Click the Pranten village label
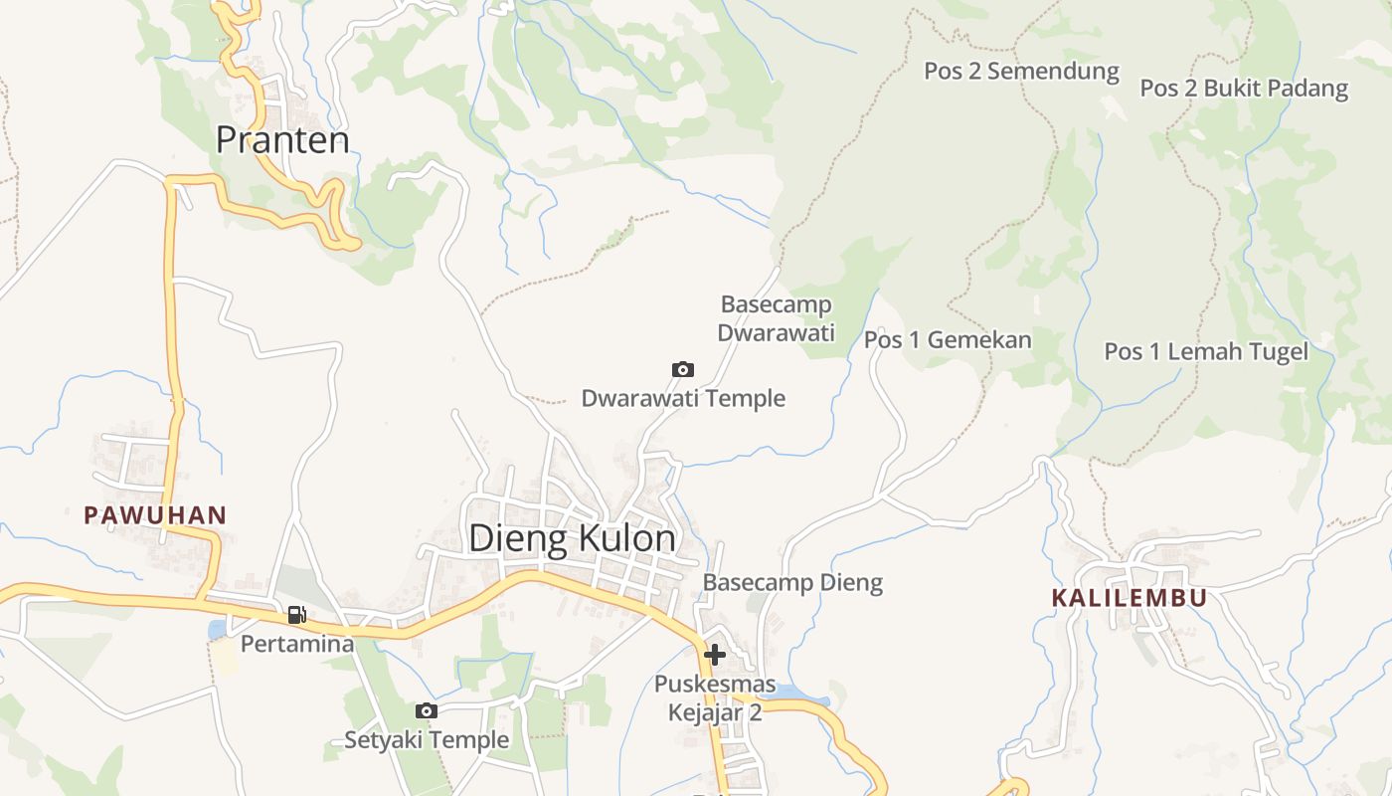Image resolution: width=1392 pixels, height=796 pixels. (282, 139)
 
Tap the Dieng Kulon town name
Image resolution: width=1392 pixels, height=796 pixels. (572, 538)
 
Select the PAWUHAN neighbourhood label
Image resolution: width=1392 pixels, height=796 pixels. (155, 515)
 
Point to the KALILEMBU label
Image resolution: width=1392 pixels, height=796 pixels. (1130, 598)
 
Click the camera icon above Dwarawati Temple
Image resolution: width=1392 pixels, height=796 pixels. (683, 370)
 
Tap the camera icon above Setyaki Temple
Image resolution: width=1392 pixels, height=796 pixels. (427, 710)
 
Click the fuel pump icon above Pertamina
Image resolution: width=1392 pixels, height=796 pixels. (296, 615)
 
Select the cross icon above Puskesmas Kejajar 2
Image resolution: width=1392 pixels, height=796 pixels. (714, 655)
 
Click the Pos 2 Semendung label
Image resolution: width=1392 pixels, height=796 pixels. (1021, 72)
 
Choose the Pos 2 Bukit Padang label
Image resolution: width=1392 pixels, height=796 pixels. (1243, 88)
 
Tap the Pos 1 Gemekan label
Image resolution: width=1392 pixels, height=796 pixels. (948, 340)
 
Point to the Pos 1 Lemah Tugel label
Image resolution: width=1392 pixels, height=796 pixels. (1206, 351)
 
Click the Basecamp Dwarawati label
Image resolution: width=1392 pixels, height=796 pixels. (776, 318)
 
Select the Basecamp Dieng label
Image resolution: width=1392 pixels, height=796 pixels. (792, 582)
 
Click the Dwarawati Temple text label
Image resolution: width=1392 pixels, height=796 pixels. (683, 399)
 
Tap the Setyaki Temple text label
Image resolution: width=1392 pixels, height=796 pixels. (427, 739)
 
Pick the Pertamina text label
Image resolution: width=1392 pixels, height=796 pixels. (297, 644)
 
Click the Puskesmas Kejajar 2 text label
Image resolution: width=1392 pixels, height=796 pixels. (714, 698)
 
